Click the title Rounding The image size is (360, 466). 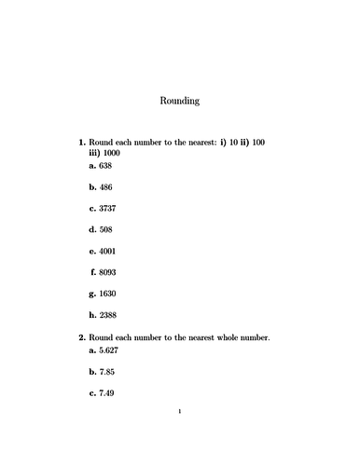[x=180, y=101]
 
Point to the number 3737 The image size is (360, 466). [x=108, y=208]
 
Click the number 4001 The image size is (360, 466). [x=108, y=251]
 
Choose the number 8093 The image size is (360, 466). [x=108, y=272]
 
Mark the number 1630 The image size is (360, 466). [x=108, y=294]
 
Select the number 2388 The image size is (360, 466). [x=108, y=315]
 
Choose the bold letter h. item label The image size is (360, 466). [x=93, y=315]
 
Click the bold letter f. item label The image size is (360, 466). [x=94, y=272]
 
